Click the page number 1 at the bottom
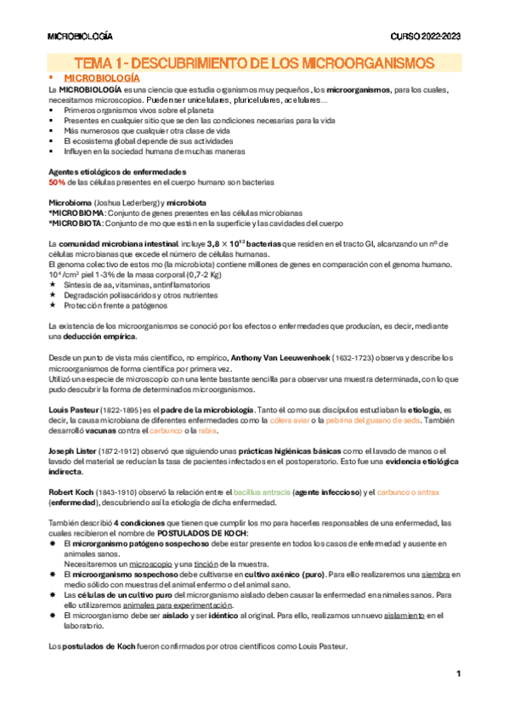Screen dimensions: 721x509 pyautogui.click(x=458, y=674)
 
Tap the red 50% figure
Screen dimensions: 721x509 pyautogui.click(x=57, y=183)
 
